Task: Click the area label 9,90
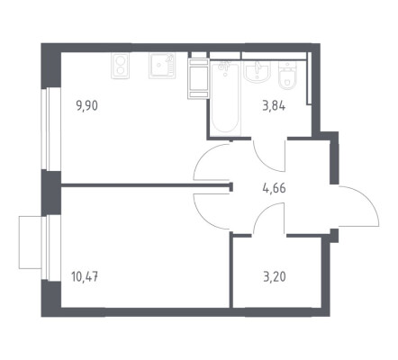(x=87, y=106)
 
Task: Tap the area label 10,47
(x=85, y=276)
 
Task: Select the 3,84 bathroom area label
(x=274, y=106)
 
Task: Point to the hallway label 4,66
(x=274, y=189)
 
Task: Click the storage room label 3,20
(x=275, y=277)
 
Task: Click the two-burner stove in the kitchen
(x=120, y=66)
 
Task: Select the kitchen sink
(x=161, y=66)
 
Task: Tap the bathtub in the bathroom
(x=226, y=98)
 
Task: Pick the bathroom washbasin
(x=257, y=71)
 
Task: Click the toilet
(x=287, y=75)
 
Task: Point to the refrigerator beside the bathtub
(x=198, y=78)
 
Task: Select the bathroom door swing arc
(x=264, y=162)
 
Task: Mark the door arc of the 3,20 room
(x=263, y=211)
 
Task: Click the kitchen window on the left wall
(x=47, y=129)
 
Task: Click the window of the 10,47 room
(x=47, y=248)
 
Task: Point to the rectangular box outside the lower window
(x=30, y=242)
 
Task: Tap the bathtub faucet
(x=225, y=66)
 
